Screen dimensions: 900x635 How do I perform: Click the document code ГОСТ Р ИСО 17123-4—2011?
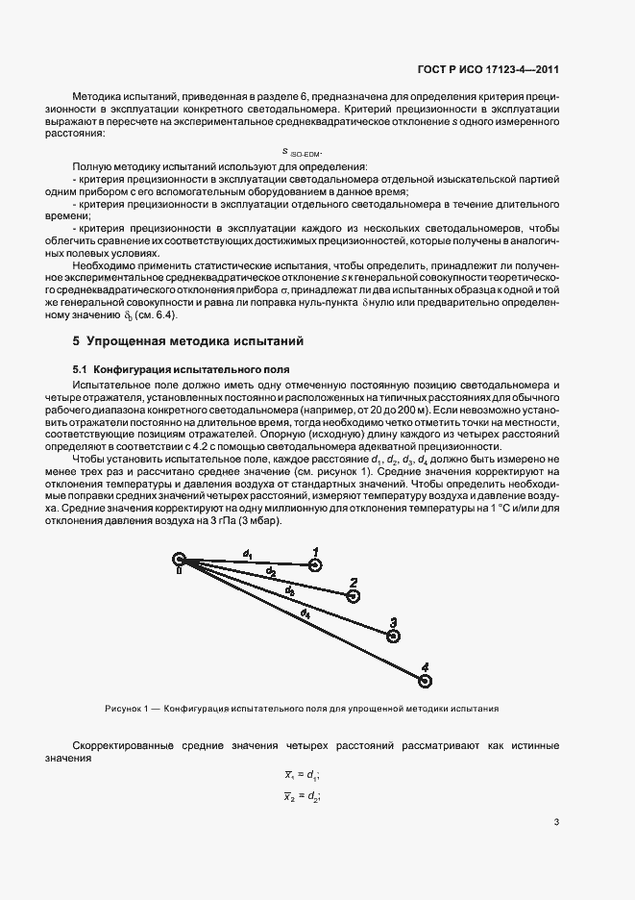(x=502, y=69)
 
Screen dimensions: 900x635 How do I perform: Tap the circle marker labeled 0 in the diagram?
(x=179, y=560)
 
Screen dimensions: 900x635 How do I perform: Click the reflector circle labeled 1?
(x=316, y=565)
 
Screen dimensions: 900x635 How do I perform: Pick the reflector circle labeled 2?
(x=353, y=596)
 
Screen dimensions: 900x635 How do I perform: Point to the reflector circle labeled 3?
(x=392, y=636)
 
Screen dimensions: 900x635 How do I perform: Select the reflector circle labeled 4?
(x=426, y=680)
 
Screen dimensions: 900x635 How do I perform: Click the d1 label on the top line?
(x=248, y=554)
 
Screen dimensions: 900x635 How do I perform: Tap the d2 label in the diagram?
(x=271, y=573)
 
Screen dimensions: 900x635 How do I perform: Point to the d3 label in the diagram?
(x=289, y=591)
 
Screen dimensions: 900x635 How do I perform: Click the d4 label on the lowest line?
(x=305, y=612)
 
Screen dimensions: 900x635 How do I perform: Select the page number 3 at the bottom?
(x=557, y=822)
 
